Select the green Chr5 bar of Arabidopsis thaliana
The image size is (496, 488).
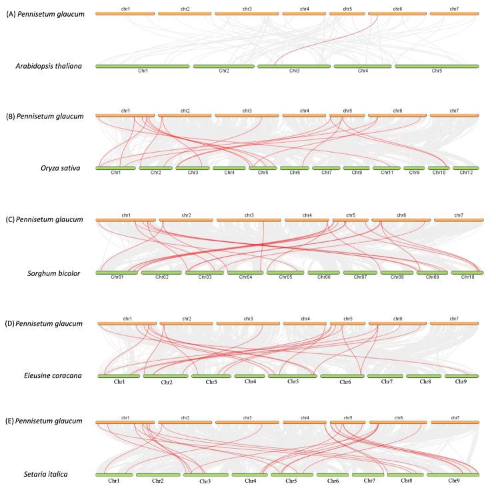click(437, 66)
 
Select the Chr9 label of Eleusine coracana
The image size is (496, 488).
click(461, 382)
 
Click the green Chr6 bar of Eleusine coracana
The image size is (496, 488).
click(345, 376)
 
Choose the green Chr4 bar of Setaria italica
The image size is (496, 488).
click(251, 474)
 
